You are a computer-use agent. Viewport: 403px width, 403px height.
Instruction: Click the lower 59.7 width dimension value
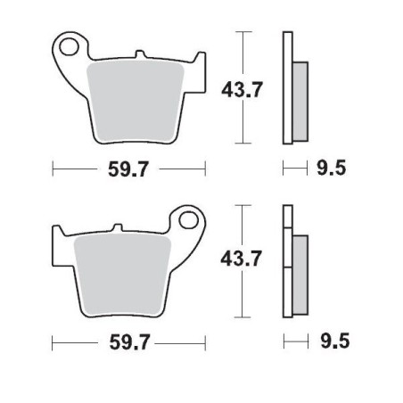[x=129, y=341]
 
